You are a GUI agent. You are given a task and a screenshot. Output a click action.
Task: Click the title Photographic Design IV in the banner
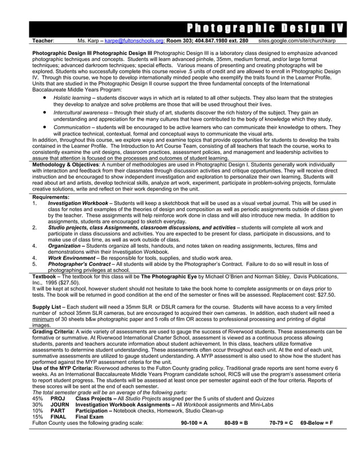[263, 29]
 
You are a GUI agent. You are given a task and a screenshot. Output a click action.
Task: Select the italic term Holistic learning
[72, 98]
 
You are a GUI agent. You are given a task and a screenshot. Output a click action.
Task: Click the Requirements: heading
[51, 197]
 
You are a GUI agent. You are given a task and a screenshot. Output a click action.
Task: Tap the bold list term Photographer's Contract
[80, 264]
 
